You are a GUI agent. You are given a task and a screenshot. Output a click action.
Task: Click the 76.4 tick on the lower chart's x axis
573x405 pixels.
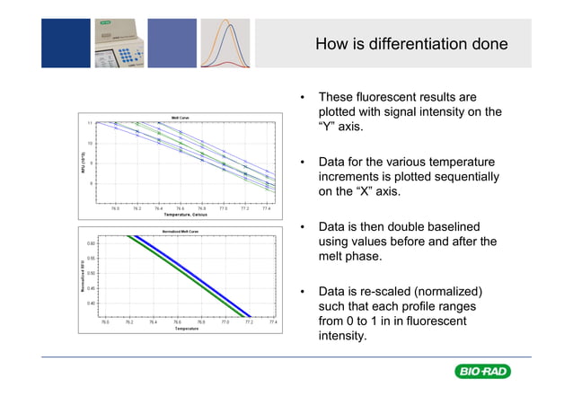pos(153,321)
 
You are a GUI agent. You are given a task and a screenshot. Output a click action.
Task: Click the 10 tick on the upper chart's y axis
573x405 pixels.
pos(90,143)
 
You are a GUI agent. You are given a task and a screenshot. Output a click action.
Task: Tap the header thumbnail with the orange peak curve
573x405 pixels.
pos(225,43)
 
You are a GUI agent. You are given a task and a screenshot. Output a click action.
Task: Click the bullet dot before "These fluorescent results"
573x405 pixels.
pos(304,97)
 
